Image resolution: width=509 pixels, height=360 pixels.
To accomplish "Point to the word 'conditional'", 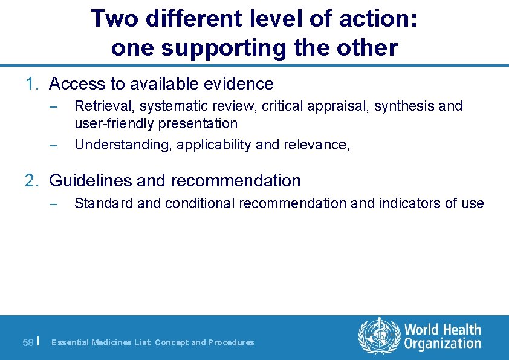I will click(196, 203).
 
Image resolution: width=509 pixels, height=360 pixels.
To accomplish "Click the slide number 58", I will click(28, 343).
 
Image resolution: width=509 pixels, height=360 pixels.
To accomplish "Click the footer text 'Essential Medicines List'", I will click(101, 342).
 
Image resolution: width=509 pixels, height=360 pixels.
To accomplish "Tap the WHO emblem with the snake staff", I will click(379, 336).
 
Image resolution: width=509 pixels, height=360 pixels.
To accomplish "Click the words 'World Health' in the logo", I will click(443, 330).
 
